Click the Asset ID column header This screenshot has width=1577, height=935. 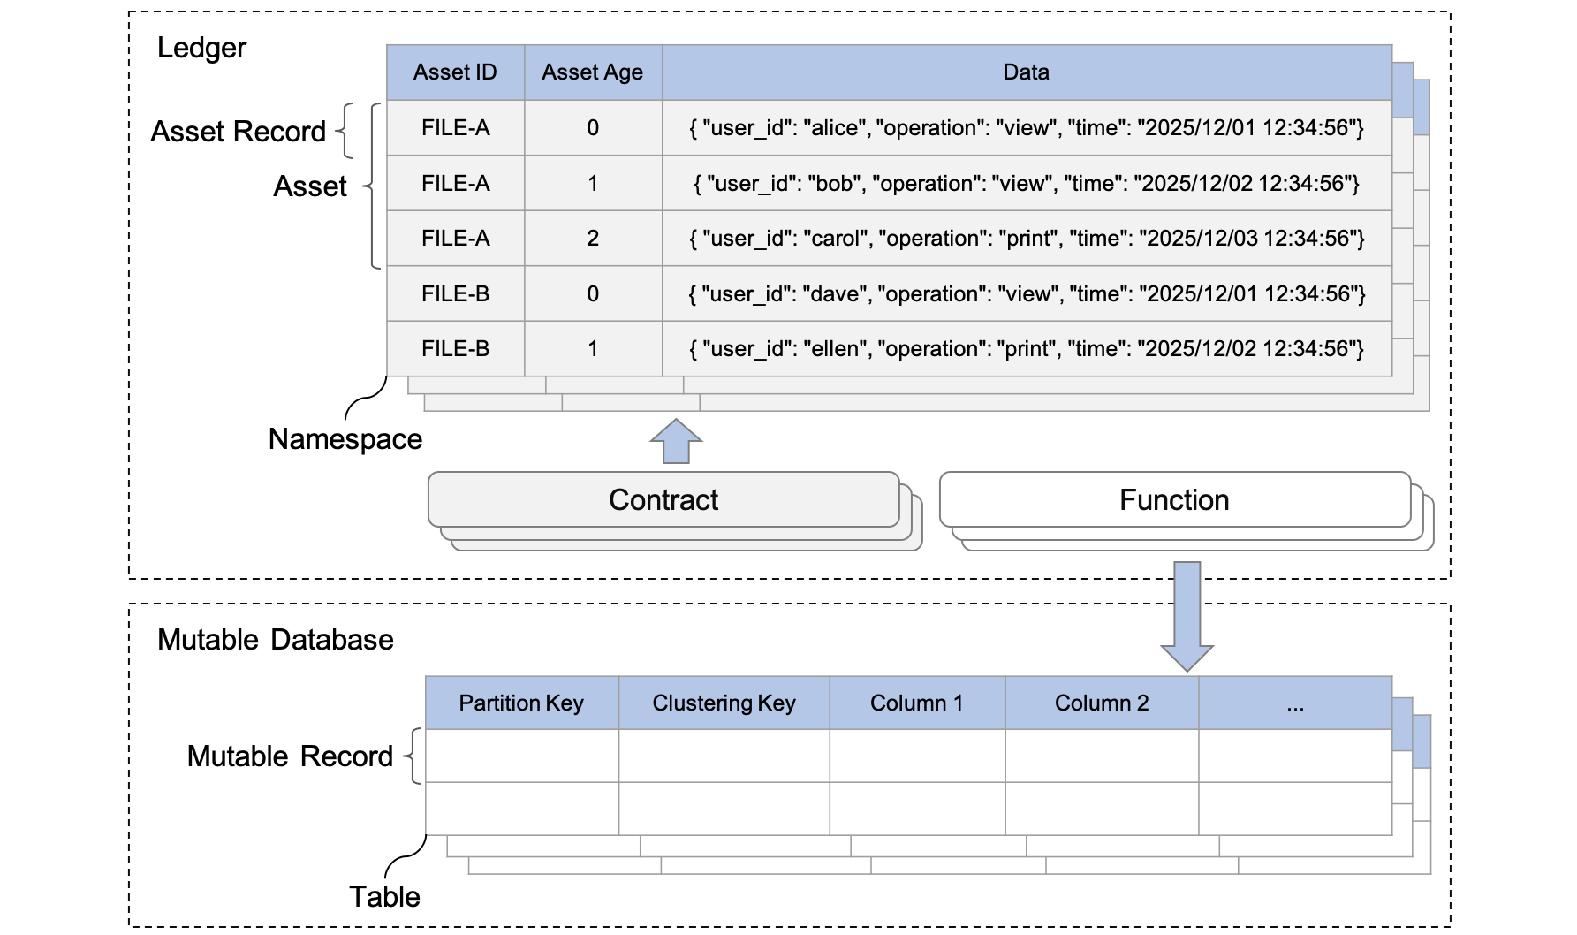(455, 72)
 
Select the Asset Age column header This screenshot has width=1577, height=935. (592, 72)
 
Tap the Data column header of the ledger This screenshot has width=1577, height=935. (1026, 72)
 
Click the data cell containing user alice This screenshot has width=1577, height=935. (1026, 128)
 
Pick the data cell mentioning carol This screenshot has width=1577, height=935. (1026, 239)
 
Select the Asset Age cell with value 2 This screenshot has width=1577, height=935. (593, 239)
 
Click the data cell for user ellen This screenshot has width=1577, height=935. (1026, 349)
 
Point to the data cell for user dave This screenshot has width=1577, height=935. (1026, 294)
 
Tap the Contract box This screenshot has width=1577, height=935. (663, 500)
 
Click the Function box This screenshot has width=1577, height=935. (1174, 500)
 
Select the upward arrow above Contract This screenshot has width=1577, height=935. (676, 442)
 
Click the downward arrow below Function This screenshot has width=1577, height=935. (1187, 616)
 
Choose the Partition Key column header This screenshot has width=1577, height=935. (521, 703)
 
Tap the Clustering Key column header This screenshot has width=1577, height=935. (724, 703)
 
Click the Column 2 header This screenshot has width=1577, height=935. (1102, 703)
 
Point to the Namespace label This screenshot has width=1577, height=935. (345, 439)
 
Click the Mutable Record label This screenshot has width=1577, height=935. (290, 756)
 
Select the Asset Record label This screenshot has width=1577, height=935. (238, 132)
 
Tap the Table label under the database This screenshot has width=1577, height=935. (384, 897)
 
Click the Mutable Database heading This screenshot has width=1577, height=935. (275, 640)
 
